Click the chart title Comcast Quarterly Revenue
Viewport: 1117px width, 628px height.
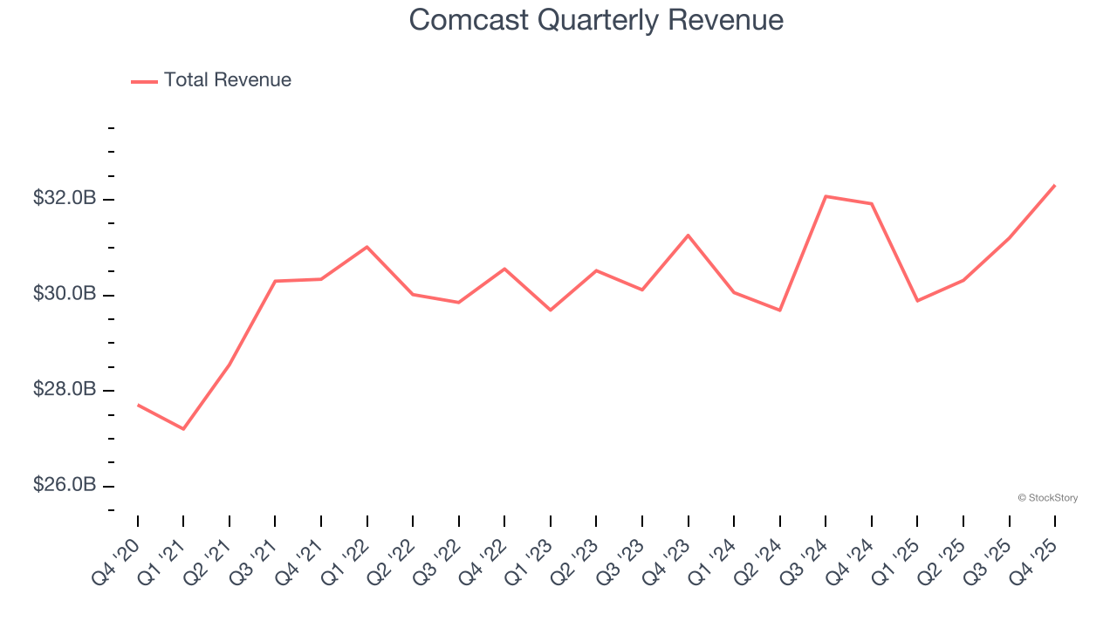point(596,20)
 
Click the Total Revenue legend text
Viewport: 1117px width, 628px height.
point(227,80)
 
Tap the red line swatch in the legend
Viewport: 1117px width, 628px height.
point(144,81)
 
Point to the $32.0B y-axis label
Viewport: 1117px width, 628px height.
point(65,199)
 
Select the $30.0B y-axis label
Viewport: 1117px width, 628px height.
point(65,294)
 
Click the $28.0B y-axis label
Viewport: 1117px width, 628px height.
point(65,389)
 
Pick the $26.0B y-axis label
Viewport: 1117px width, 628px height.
point(65,485)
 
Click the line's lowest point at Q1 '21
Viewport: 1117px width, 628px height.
point(183,429)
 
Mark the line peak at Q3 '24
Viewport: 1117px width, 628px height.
point(826,196)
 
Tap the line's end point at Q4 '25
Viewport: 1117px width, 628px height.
point(1055,185)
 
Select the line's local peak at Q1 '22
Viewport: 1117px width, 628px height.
point(367,247)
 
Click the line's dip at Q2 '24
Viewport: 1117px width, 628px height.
point(780,311)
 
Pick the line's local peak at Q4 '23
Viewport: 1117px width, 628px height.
point(689,235)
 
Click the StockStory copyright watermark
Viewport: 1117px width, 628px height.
point(1047,498)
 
